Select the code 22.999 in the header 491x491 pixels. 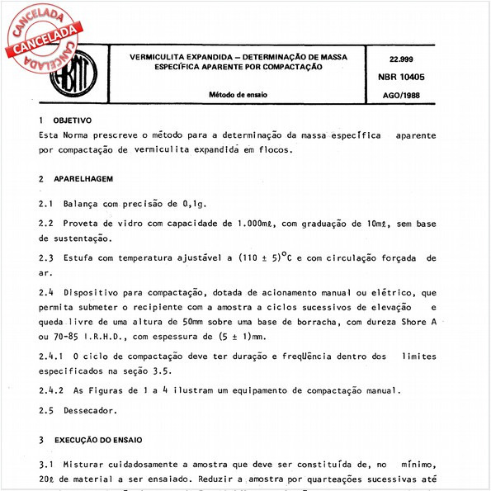pyautogui.click(x=404, y=59)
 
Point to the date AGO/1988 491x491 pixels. pyautogui.click(x=404, y=96)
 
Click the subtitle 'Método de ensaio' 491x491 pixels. pyautogui.click(x=238, y=95)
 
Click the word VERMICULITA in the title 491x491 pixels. pyautogui.click(x=160, y=57)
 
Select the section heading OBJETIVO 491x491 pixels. pyautogui.click(x=73, y=120)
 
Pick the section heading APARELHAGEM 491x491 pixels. pyautogui.click(x=83, y=179)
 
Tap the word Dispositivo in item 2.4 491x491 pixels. pyautogui.click(x=108, y=292)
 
